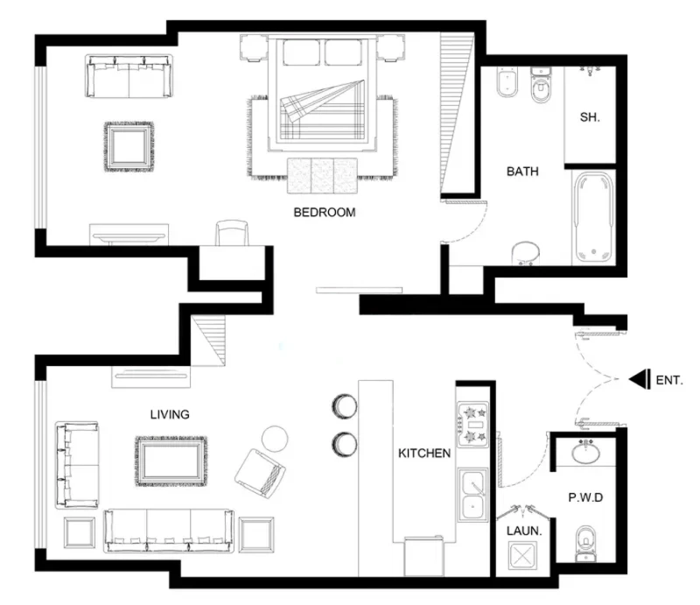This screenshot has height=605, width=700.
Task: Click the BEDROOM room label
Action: click(x=324, y=212)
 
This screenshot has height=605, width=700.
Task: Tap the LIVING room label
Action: click(x=170, y=414)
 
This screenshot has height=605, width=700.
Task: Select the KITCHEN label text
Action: click(x=424, y=453)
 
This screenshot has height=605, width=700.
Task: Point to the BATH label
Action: click(x=522, y=172)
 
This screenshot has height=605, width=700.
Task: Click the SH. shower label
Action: click(x=590, y=117)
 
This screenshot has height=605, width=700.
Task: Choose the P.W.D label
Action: click(x=585, y=497)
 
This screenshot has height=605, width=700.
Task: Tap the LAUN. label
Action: click(x=525, y=531)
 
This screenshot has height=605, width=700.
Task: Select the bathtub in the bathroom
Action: click(x=594, y=215)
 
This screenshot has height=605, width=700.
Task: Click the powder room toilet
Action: click(x=584, y=543)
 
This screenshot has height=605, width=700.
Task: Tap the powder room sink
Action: click(x=585, y=454)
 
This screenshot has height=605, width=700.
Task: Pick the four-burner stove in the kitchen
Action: click(x=473, y=423)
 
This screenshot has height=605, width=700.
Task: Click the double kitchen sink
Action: click(x=473, y=495)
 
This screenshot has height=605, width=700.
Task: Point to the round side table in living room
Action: click(x=276, y=437)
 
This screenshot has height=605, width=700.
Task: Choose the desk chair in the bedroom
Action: click(x=232, y=234)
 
